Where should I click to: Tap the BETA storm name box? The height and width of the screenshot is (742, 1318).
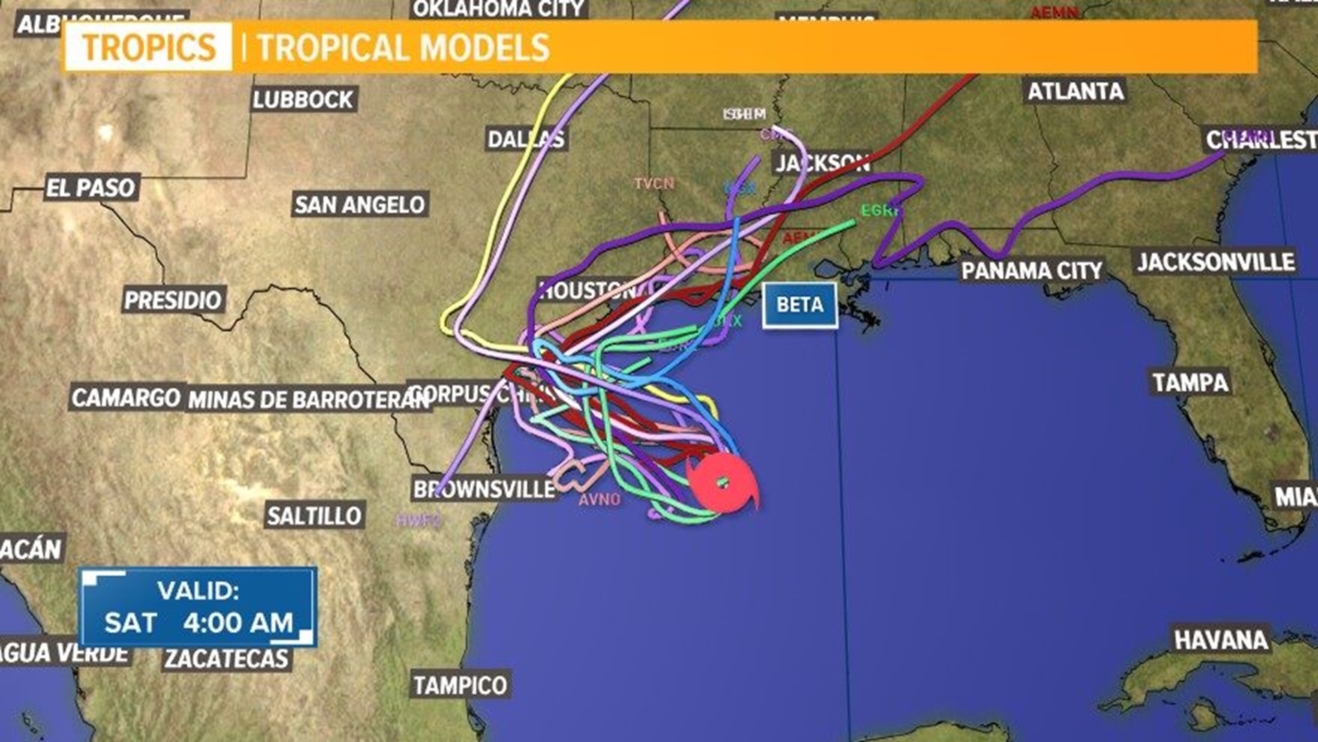tap(800, 304)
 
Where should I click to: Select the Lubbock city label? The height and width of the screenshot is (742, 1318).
tap(303, 100)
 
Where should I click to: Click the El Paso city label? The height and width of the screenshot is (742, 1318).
tap(91, 188)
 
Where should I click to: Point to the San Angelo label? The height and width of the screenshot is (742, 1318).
tap(360, 204)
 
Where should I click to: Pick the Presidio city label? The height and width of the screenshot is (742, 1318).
tap(173, 300)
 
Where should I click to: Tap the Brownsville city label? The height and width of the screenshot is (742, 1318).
tap(483, 489)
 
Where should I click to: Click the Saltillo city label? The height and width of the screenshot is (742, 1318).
tap(314, 515)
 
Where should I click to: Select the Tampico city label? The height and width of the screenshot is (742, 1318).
tap(460, 685)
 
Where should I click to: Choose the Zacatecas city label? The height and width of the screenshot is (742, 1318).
tap(227, 659)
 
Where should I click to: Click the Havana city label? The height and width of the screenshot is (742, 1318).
tap(1221, 640)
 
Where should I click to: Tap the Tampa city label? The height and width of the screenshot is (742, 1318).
tap(1190, 382)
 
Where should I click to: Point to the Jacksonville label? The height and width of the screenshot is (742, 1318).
tap(1216, 262)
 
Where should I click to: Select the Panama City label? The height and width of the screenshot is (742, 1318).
tap(1031, 271)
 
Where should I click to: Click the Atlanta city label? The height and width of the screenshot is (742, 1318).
tap(1075, 91)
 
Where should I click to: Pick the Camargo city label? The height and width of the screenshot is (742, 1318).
tap(126, 397)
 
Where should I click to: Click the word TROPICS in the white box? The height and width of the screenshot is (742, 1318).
tap(149, 47)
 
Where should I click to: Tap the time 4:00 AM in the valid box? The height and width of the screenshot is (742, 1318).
tap(238, 622)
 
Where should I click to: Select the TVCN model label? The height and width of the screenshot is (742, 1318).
tap(654, 183)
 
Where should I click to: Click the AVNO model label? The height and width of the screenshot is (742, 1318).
tap(599, 499)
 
